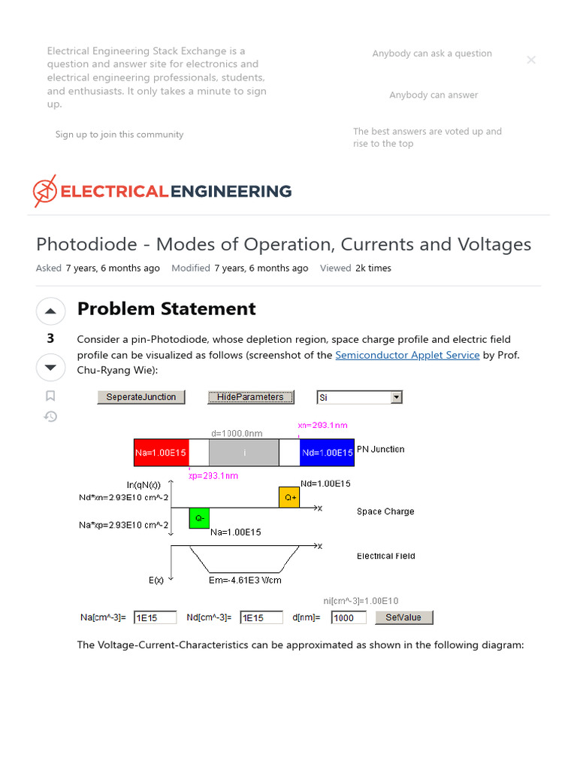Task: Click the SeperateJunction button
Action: pos(141,397)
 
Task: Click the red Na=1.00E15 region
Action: pos(161,453)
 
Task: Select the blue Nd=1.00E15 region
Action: pos(327,453)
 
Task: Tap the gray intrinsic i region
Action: pos(243,453)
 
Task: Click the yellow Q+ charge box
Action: pos(288,497)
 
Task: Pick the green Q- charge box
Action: pos(198,518)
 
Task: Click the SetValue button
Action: pos(403,617)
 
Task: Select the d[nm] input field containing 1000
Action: pos(349,617)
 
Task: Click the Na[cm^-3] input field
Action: pos(155,617)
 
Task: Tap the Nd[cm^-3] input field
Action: pos(261,617)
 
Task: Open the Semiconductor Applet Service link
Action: pos(407,355)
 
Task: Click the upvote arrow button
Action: pos(50,311)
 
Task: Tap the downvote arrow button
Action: pos(50,368)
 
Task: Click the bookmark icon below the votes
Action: pos(50,396)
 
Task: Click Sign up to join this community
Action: pos(119,135)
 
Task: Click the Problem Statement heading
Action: pos(166,309)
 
